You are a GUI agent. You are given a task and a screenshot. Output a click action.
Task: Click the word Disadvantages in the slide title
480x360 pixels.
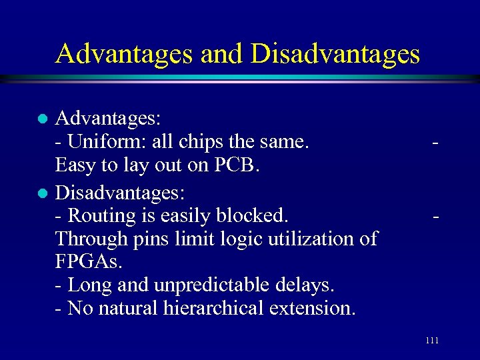(x=335, y=54)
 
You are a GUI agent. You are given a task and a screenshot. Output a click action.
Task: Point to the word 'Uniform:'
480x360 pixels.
(x=108, y=142)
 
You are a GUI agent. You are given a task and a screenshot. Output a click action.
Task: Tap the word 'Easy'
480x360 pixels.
(x=77, y=165)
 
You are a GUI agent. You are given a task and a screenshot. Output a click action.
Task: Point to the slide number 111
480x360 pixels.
(x=431, y=341)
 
